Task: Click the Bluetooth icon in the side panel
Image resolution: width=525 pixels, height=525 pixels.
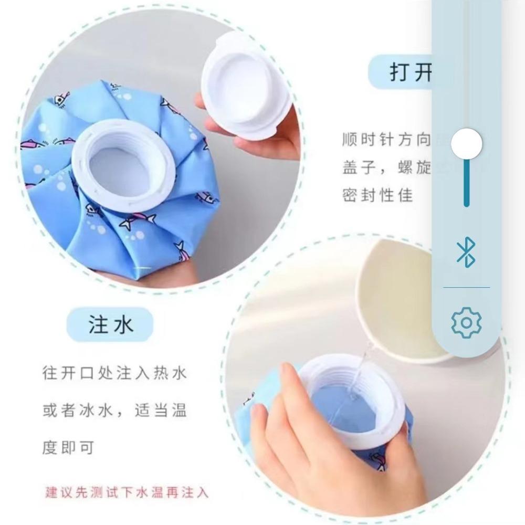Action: (x=466, y=252)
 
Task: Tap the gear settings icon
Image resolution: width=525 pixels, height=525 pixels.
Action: (x=466, y=322)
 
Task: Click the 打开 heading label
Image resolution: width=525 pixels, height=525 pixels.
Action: (x=409, y=73)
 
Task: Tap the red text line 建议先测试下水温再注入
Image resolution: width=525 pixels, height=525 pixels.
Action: (x=127, y=492)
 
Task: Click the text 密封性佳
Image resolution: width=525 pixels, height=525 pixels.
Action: (x=377, y=196)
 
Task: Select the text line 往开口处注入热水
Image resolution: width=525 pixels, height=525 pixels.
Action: (x=114, y=374)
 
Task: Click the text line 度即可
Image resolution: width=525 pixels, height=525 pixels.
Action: (x=68, y=448)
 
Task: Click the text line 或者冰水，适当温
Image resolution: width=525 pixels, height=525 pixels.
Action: (x=114, y=411)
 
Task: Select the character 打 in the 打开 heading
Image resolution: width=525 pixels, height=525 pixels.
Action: (x=400, y=73)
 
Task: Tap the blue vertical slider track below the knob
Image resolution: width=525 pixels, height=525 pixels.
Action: (x=466, y=184)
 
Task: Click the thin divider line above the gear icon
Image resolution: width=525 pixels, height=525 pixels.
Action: (x=466, y=287)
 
